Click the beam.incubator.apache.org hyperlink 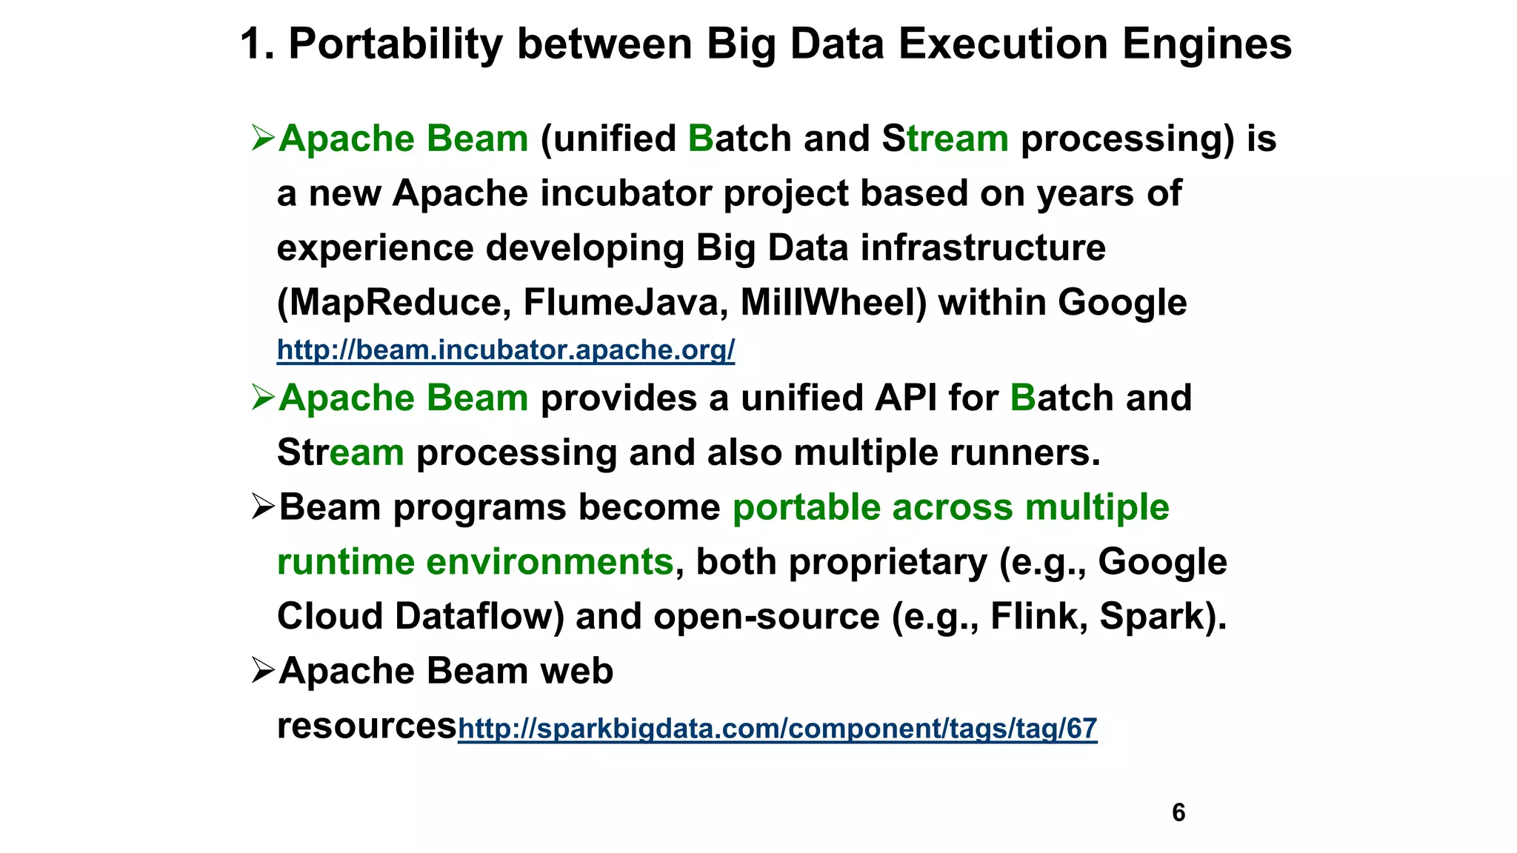[x=505, y=349]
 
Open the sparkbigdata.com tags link [x=777, y=729]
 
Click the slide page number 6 [x=1178, y=812]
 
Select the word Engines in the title [x=1207, y=44]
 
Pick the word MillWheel [x=833, y=303]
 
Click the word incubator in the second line [x=626, y=194]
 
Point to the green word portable [x=807, y=508]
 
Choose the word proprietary [x=887, y=562]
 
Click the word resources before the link [x=367, y=726]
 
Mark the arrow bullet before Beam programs [x=262, y=507]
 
